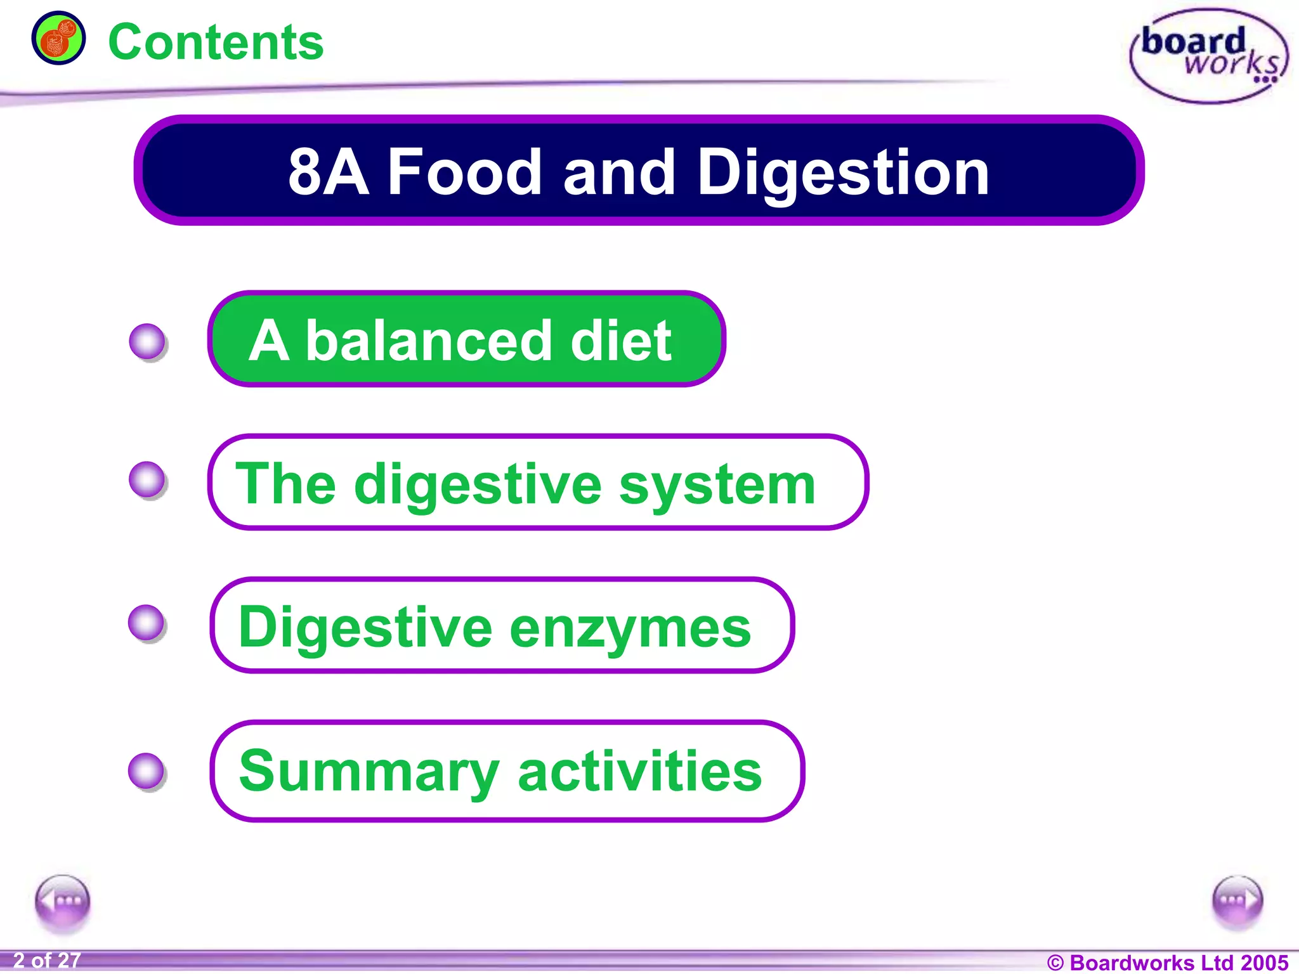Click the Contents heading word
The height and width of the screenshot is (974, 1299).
(216, 42)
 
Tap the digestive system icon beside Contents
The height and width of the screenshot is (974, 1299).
(58, 38)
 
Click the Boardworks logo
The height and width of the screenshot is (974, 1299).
(1209, 56)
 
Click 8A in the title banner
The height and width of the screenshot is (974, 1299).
(328, 172)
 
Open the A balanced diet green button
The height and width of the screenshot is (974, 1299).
(466, 339)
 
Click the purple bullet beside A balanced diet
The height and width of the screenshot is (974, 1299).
(148, 342)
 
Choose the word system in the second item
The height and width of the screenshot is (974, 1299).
(717, 484)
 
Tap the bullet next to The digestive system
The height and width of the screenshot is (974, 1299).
(148, 479)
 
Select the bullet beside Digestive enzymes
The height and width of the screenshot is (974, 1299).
(147, 623)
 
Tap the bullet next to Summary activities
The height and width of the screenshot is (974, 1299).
(147, 771)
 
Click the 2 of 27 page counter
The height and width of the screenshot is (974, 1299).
(47, 960)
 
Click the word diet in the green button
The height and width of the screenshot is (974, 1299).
(620, 341)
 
